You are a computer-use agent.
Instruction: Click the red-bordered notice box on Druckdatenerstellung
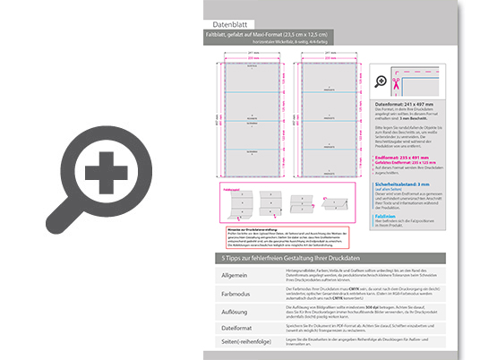pyautogui.click(x=283, y=237)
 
